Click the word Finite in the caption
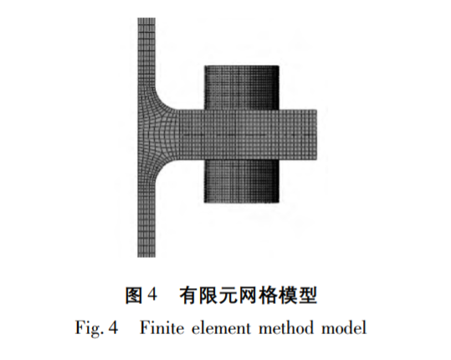click(x=161, y=328)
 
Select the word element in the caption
click(x=221, y=328)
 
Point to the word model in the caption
click(x=344, y=328)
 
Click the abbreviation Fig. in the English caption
click(x=90, y=328)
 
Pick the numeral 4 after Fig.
click(x=113, y=328)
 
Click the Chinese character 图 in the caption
click(x=134, y=295)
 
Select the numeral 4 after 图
click(x=152, y=295)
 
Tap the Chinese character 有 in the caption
click(x=189, y=295)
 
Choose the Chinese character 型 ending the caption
click(x=308, y=295)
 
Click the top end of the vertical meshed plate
click(x=146, y=18)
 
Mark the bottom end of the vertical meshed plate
click(x=146, y=256)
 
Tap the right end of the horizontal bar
click(x=316, y=135)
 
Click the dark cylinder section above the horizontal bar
click(x=242, y=88)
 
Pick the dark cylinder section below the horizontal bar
click(x=242, y=182)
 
